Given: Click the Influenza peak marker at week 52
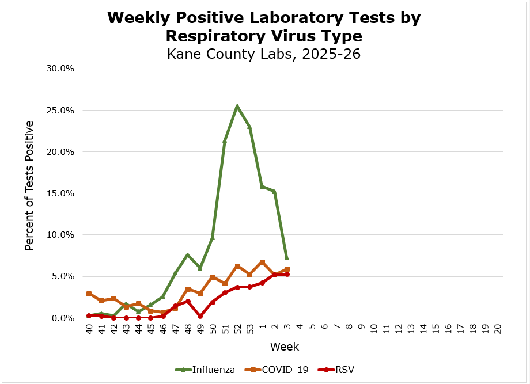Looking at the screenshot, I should tap(237, 107).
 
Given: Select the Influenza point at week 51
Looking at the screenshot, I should tap(225, 140).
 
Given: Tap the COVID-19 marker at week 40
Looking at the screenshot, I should tap(89, 294).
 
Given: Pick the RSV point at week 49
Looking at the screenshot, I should tap(200, 316).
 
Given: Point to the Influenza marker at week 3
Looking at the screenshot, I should tap(286, 257).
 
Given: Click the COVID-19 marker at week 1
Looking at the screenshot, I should tap(262, 262).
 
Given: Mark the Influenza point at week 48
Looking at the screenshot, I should tap(188, 255).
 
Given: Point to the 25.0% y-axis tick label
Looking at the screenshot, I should tap(60, 110).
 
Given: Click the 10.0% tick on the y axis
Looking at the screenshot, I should tap(60, 235).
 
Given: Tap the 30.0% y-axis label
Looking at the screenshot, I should tap(60, 69).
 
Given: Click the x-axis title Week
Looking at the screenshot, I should tap(285, 347).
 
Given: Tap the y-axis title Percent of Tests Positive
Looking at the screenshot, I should tap(29, 185).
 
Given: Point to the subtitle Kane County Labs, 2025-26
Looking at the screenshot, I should tap(264, 54).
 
